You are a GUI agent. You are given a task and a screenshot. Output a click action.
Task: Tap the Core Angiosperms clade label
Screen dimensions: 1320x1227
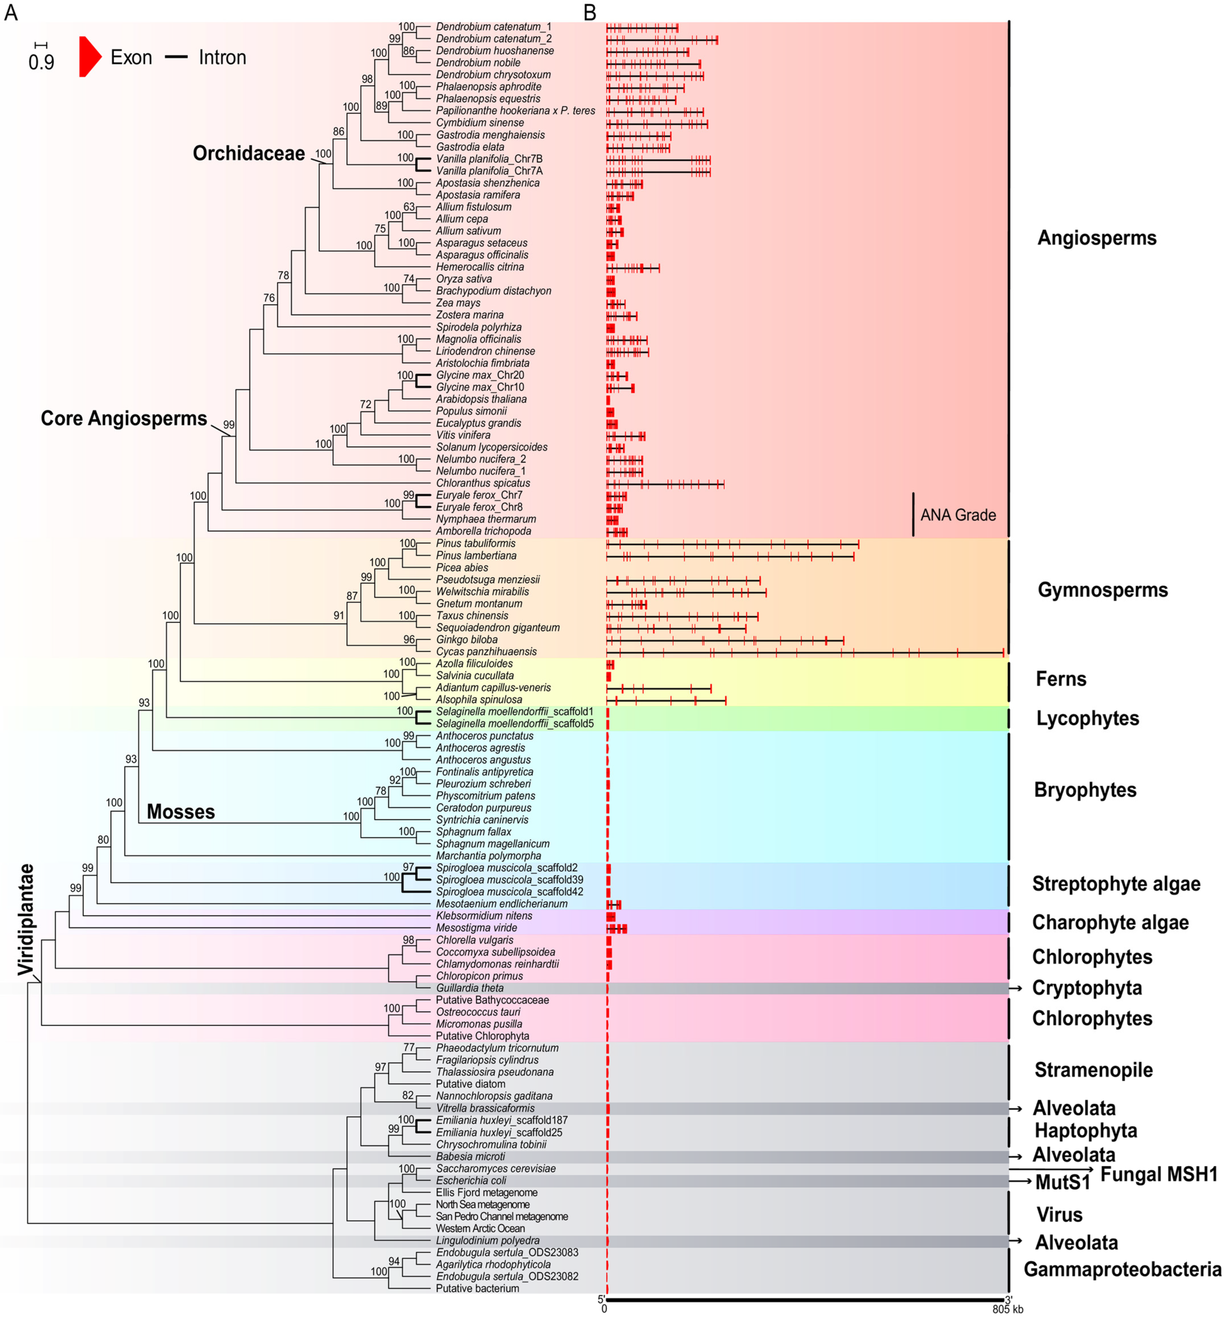123,418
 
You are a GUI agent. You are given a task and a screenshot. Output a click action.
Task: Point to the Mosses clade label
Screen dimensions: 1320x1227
181,811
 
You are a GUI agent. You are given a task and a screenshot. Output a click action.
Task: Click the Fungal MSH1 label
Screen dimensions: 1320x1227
1158,1174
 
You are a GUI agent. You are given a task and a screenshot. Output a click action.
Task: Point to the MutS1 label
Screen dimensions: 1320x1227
1062,1182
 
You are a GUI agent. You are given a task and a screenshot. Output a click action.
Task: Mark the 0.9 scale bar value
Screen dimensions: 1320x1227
41,63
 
